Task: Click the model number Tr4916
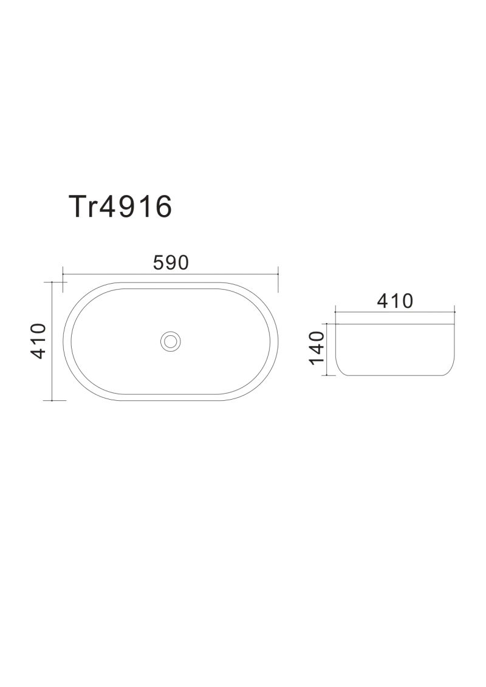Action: pos(120,207)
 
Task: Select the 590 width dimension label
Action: pos(171,262)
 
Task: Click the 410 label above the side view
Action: pos(395,301)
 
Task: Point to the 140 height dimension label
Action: pos(316,347)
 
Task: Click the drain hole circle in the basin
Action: pos(171,341)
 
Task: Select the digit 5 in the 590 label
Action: pos(159,262)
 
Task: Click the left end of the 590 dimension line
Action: pos(63,275)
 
